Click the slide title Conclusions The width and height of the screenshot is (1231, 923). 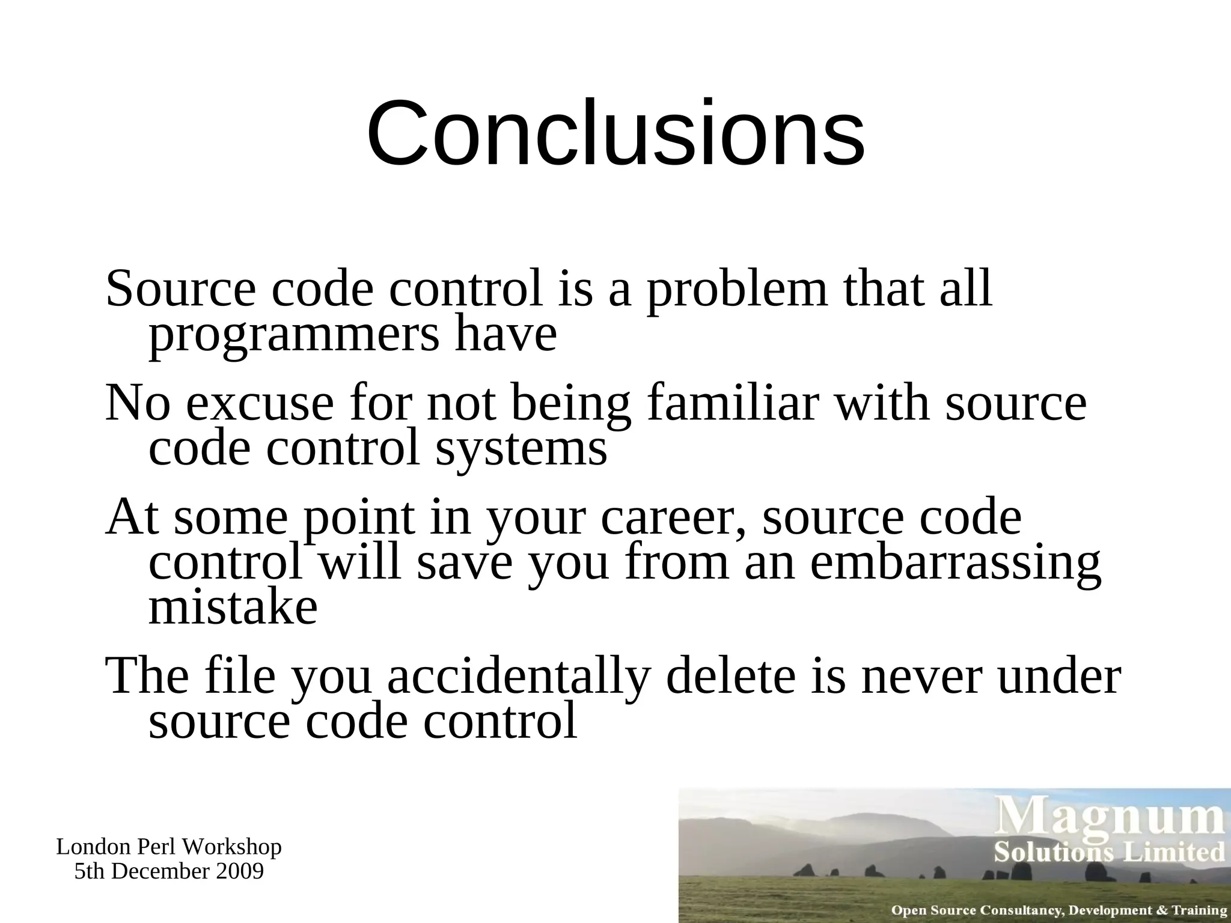[x=615, y=133]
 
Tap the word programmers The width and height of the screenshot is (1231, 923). [x=294, y=337]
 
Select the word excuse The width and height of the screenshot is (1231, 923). [x=260, y=404]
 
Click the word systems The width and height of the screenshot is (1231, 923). [x=521, y=449]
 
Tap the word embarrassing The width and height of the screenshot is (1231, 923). [x=955, y=564]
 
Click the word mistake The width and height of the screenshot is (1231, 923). [x=233, y=608]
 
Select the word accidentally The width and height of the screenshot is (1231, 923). [x=519, y=677]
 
